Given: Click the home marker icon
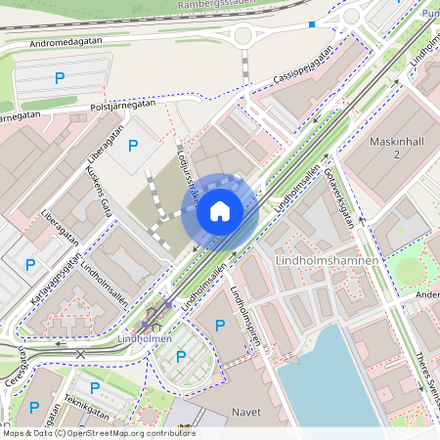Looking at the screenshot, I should click(x=220, y=210).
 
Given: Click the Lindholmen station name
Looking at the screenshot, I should click(x=144, y=338).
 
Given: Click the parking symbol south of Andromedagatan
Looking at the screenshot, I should click(x=60, y=78).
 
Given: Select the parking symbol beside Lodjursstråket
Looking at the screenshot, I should click(x=133, y=147).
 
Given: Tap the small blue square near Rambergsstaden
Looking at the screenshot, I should click(x=312, y=23).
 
